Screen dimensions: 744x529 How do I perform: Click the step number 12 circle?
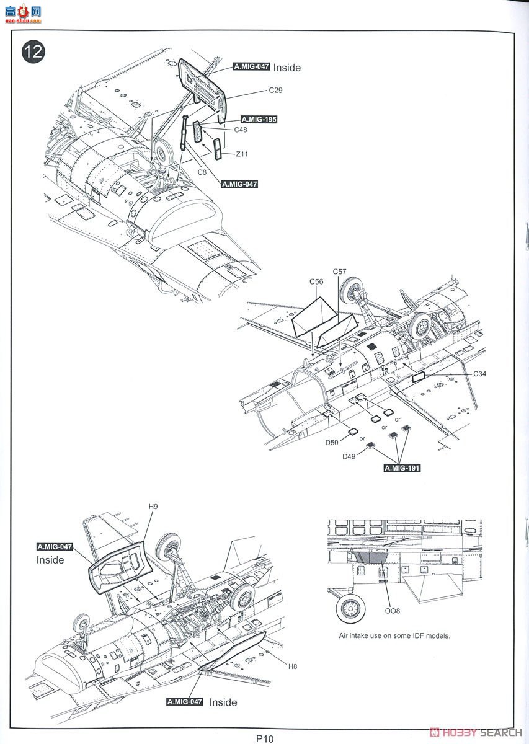33,51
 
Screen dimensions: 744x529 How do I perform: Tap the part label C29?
275,90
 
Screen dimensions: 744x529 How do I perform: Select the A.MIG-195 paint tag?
259,120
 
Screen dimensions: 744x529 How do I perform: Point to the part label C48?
241,130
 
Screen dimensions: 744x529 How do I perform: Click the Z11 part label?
242,154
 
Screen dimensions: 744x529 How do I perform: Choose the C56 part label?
317,282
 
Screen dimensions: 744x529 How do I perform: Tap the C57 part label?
340,272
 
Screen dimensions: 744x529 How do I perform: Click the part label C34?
480,374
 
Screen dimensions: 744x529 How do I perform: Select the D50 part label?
332,443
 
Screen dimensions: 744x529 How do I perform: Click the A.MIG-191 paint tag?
402,468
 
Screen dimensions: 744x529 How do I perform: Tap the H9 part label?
153,507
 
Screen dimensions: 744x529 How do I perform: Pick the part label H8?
293,666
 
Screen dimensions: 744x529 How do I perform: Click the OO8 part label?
392,611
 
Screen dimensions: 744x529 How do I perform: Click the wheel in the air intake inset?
351,608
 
